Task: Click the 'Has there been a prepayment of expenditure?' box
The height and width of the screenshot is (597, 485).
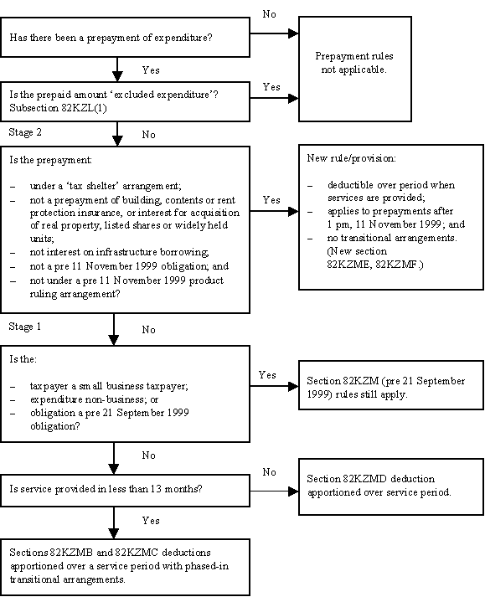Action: pos(125,38)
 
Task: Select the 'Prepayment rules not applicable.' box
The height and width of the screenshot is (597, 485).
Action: pos(354,69)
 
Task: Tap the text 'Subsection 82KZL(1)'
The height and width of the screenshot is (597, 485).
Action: pos(58,108)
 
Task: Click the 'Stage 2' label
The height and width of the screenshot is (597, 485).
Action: pos(25,132)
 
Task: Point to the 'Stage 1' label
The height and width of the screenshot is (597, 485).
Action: pos(25,327)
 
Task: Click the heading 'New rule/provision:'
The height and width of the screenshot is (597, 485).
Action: pos(351,158)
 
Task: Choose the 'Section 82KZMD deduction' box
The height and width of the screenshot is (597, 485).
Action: pos(391,487)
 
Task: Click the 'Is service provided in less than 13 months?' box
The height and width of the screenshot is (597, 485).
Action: pos(125,491)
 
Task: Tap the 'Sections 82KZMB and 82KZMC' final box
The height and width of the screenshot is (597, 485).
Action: pos(125,567)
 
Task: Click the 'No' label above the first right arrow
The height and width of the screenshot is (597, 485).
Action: pos(269,14)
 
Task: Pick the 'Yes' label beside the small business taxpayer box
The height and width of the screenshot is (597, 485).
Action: pos(267,375)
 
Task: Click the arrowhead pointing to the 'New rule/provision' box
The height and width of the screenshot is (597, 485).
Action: pos(293,211)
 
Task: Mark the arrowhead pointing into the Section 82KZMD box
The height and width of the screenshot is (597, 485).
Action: pos(293,491)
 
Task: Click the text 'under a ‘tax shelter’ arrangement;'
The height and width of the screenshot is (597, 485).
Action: pos(106,186)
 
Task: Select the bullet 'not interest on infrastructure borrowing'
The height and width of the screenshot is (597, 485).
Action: pos(119,252)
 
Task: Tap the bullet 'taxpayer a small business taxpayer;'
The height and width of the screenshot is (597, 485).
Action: pos(109,386)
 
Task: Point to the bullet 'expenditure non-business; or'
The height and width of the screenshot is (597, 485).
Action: pos(94,399)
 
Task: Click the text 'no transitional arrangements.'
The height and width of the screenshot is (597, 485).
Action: pos(392,238)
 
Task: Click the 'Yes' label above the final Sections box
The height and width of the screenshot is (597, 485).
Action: pos(151,521)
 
